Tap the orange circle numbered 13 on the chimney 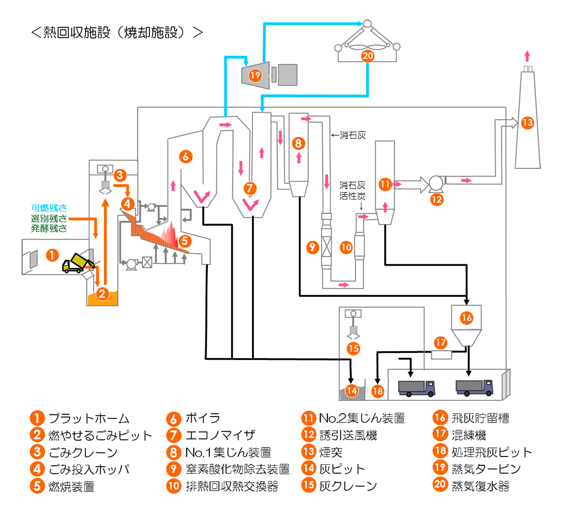point(528,123)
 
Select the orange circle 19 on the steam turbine point(255,75)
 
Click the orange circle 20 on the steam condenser point(368,56)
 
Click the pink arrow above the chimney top point(527,56)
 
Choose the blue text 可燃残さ point(49,208)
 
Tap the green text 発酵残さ point(49,228)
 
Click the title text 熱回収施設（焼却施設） point(117,32)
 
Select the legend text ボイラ point(202,418)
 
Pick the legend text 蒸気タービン point(486,469)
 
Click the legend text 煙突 point(331,452)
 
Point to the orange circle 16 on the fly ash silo point(466,318)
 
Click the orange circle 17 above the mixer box point(441,342)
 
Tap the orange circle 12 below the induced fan point(436,199)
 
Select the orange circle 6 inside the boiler point(186,156)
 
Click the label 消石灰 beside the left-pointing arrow point(353,135)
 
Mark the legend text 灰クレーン point(348,486)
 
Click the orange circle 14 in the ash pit point(351,390)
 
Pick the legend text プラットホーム point(89,418)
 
